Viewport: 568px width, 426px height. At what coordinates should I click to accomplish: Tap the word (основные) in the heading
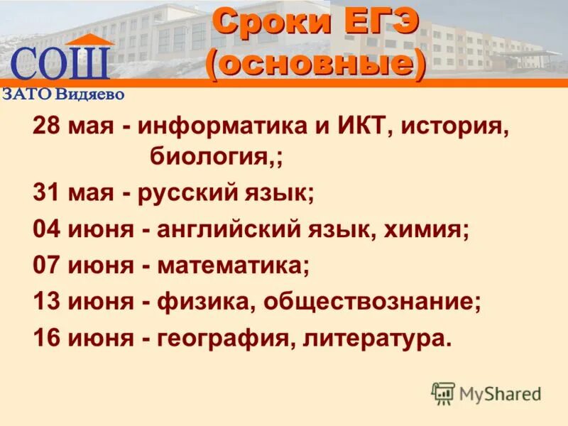click(x=316, y=65)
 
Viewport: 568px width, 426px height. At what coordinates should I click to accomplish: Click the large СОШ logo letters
click(x=61, y=63)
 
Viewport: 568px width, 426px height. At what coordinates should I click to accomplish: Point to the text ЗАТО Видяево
click(x=64, y=93)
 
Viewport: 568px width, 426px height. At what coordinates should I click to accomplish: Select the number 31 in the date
click(x=47, y=192)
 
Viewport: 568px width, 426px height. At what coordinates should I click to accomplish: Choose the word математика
click(x=234, y=266)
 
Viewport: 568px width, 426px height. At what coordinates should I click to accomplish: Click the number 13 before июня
click(x=47, y=302)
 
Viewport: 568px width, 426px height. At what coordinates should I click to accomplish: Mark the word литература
click(x=377, y=339)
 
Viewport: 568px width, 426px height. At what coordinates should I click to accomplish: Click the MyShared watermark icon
click(x=443, y=393)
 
